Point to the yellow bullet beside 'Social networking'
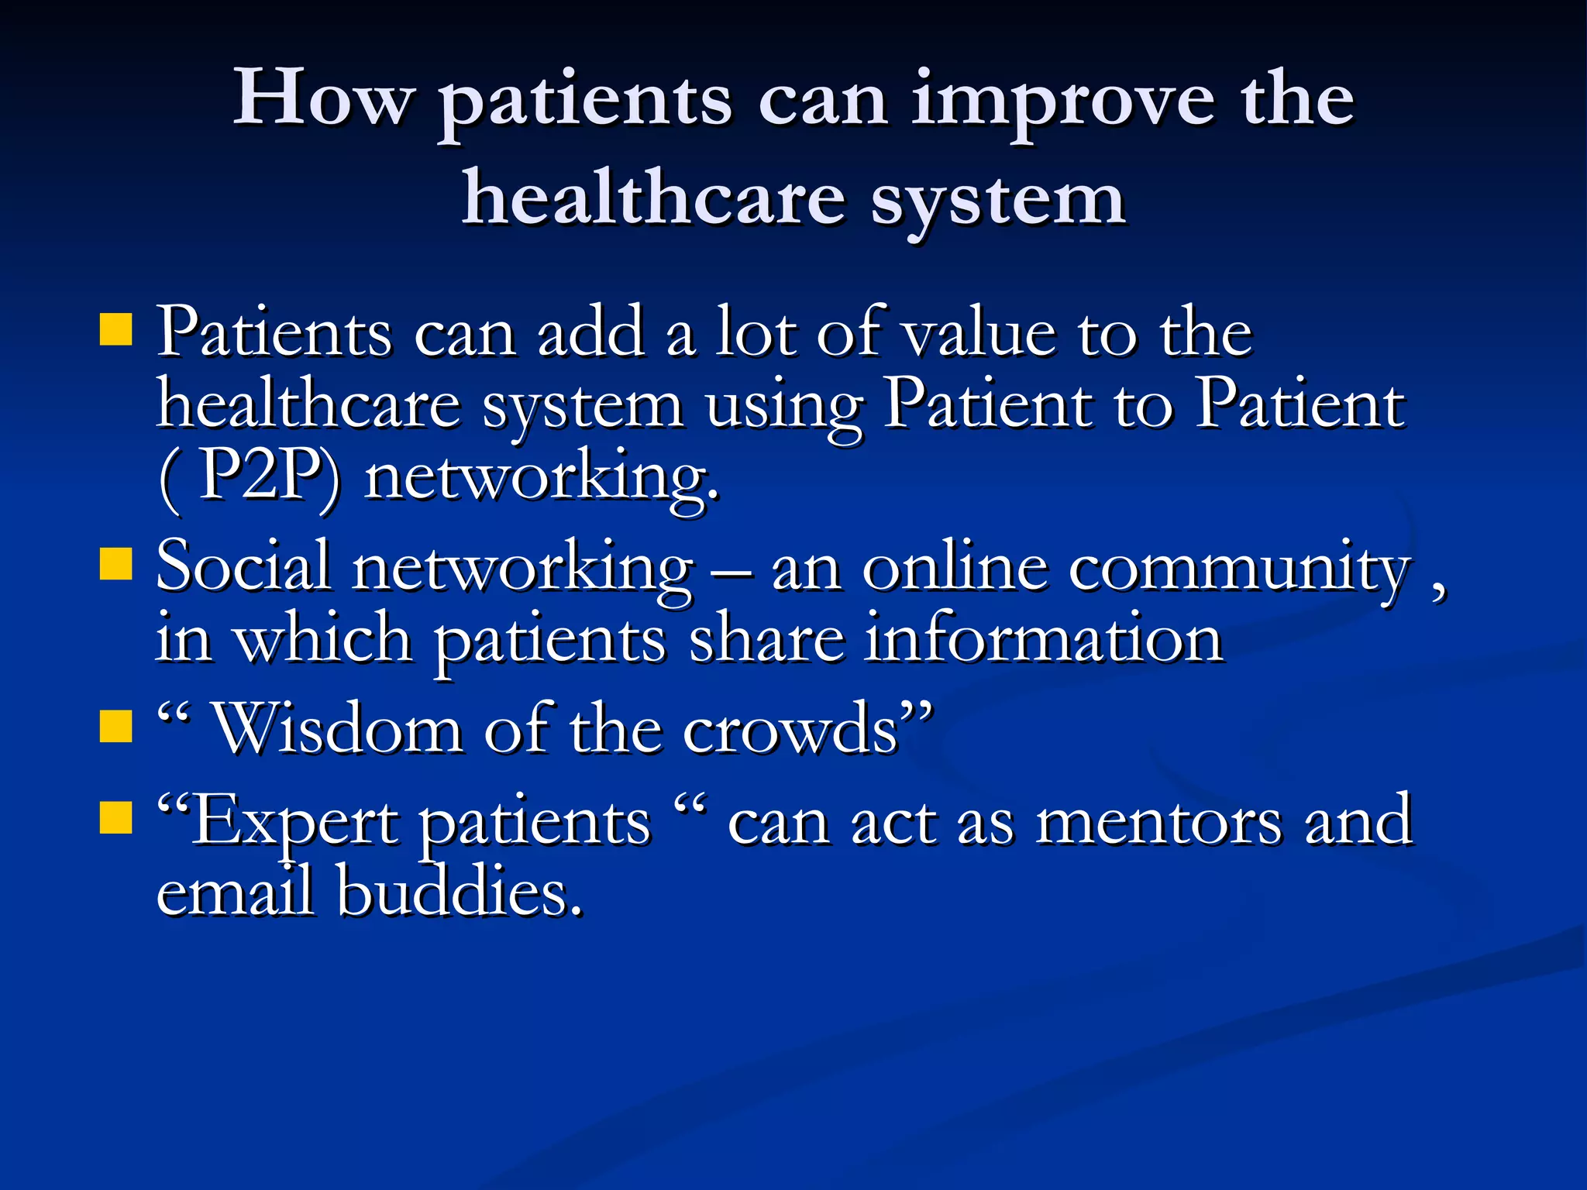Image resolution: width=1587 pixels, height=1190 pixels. [116, 564]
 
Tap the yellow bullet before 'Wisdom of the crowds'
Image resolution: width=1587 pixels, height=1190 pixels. [116, 727]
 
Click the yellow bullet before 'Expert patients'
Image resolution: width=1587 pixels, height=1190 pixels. [116, 817]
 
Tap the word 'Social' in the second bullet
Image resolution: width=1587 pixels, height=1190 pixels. [243, 566]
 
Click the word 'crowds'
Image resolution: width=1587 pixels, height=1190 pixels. [790, 729]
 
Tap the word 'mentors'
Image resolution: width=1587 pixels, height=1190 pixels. [1158, 821]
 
